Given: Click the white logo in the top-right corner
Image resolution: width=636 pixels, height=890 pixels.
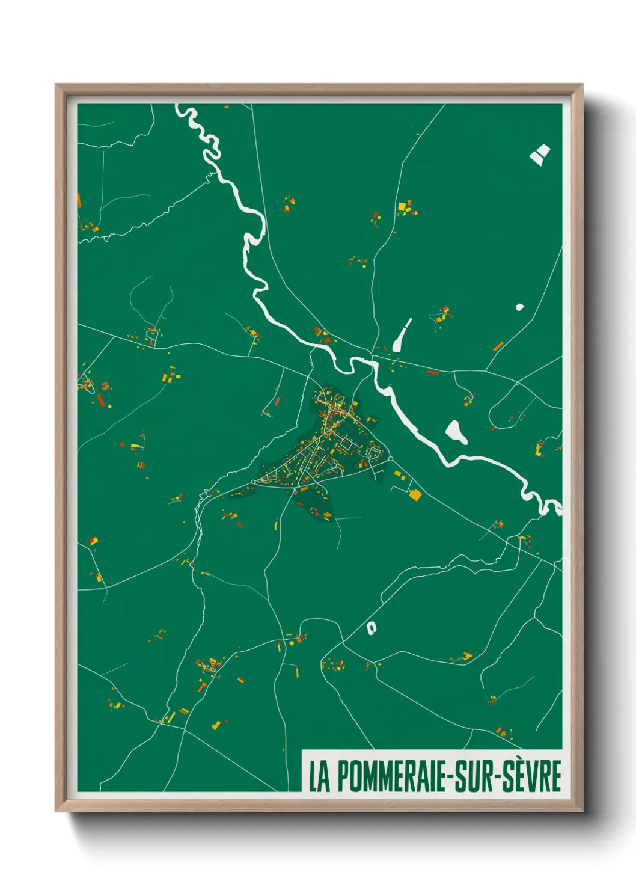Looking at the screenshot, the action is [539, 154].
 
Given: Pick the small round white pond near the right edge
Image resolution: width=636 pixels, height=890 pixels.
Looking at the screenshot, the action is [519, 307].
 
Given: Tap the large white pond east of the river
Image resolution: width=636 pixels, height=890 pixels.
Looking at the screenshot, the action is [456, 431].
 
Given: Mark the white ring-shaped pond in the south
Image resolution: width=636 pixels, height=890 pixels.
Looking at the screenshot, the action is [372, 628].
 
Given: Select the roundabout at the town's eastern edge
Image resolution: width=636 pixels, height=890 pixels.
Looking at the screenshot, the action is [390, 459].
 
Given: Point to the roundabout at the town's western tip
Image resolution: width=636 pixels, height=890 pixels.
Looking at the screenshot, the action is [254, 481].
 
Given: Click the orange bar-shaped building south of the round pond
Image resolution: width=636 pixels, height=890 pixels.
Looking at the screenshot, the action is [498, 346].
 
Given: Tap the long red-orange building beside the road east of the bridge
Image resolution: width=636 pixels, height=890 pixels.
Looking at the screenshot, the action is [433, 372].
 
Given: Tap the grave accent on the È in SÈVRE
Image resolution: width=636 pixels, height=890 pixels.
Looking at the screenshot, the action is [522, 761].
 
